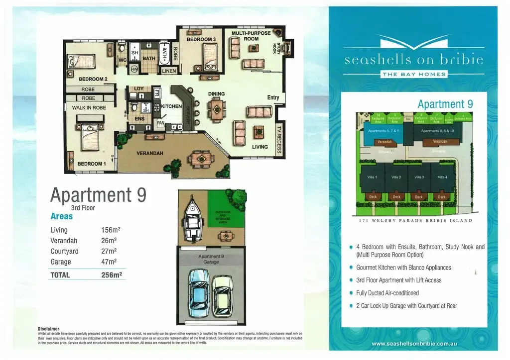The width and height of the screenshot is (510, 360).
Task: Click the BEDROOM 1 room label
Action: pyautogui.click(x=91, y=164)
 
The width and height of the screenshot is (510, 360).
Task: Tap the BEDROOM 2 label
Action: pyautogui.click(x=93, y=79)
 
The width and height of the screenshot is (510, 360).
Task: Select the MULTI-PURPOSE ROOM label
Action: pyautogui.click(x=251, y=36)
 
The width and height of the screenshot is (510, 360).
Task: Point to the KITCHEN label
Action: pyautogui.click(x=171, y=106)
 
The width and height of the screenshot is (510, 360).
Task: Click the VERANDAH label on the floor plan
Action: pyautogui.click(x=150, y=154)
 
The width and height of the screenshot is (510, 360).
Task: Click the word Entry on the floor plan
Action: pyautogui.click(x=273, y=97)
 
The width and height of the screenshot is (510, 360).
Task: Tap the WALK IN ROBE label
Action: pyautogui.click(x=90, y=107)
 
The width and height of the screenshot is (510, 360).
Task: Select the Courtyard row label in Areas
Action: pyautogui.click(x=64, y=252)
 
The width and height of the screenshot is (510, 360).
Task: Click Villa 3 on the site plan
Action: pyautogui.click(x=419, y=178)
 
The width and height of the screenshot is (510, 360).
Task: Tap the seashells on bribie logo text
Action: pyautogui.click(x=413, y=60)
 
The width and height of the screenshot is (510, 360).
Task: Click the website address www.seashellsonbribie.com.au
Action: pyautogui.click(x=414, y=344)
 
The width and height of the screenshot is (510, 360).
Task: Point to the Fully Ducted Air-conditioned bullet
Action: pyautogui.click(x=387, y=293)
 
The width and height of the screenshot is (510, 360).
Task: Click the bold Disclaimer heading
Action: pyautogui.click(x=48, y=329)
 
